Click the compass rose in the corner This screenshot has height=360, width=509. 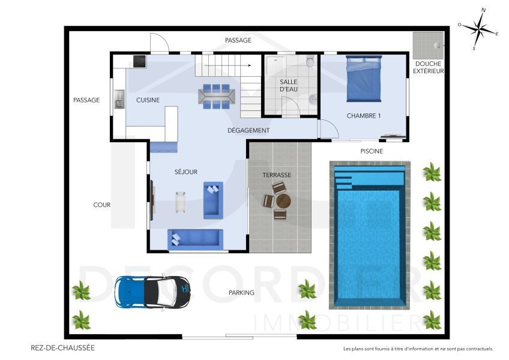coord(478,29)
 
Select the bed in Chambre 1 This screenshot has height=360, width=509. coord(364,79)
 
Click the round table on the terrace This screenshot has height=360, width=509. coord(283,200)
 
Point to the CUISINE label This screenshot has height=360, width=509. coord(148,100)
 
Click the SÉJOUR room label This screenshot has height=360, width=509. coord(186,172)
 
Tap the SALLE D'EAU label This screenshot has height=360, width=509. coord(289,85)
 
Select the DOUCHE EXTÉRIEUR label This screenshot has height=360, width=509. coord(428,67)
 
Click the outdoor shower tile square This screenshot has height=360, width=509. coord(429,43)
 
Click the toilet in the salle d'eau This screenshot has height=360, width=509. coord(310,61)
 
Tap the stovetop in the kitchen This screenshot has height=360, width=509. coord(140,60)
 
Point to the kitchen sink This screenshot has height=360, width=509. coord(119,99)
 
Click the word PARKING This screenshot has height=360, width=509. coord(241,293)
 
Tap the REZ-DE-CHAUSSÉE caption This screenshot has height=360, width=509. coord(62,347)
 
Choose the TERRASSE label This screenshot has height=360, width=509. coord(277,175)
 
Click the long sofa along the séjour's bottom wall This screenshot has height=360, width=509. coord(194,239)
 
